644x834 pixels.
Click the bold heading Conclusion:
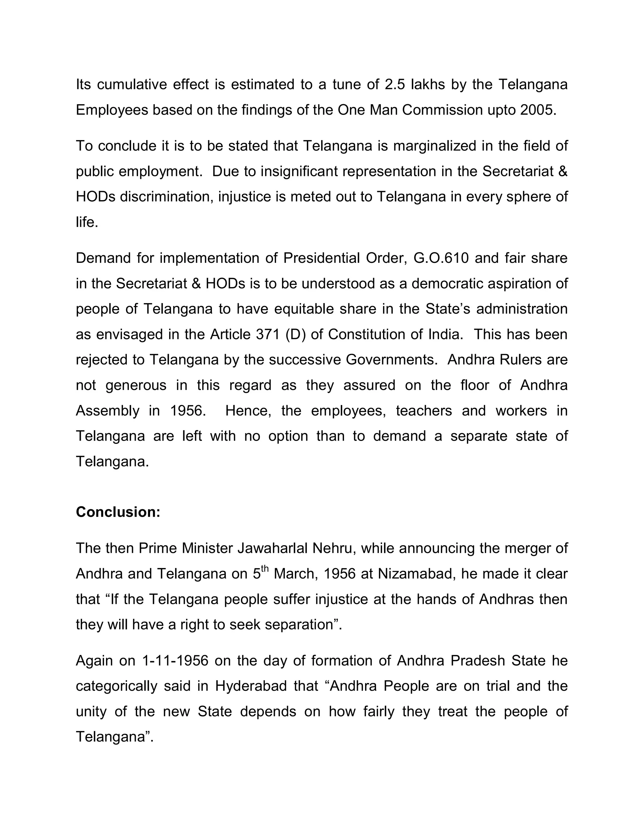[118, 512]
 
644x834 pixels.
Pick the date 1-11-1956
[175, 661]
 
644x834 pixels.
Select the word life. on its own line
[87, 222]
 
